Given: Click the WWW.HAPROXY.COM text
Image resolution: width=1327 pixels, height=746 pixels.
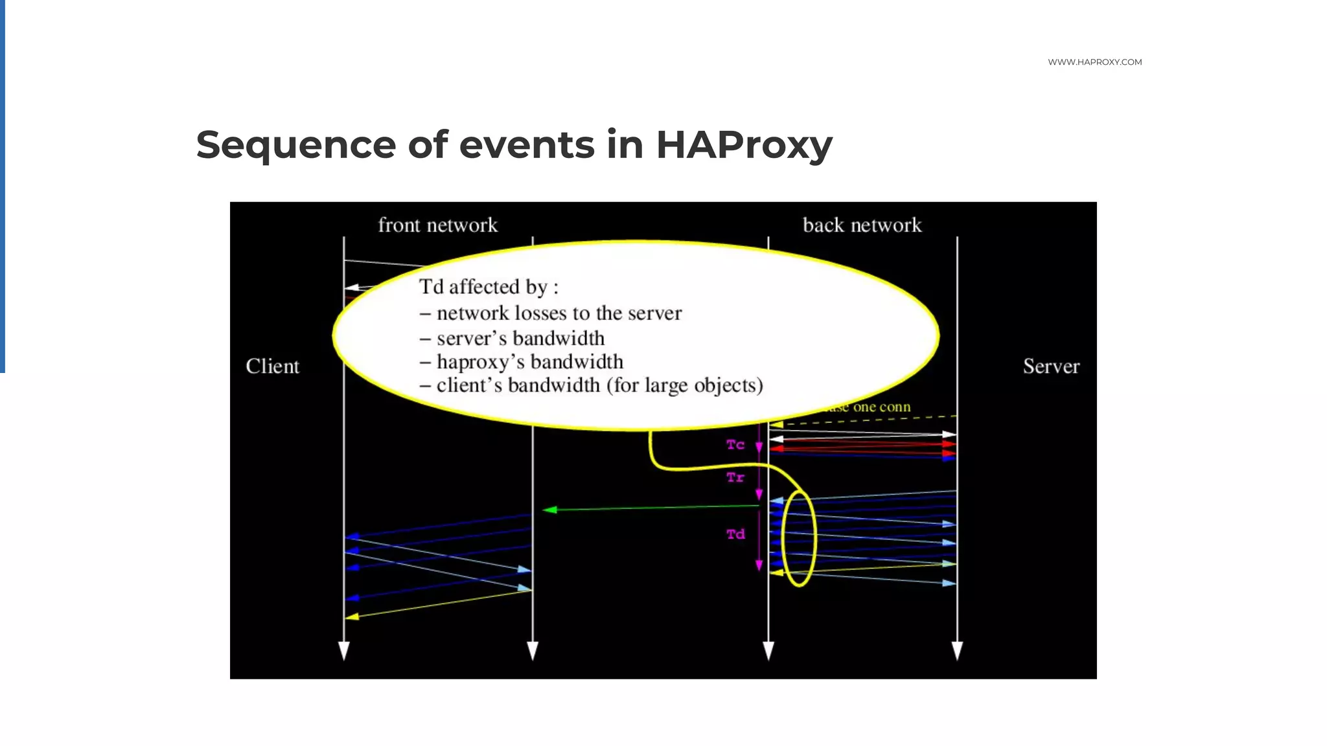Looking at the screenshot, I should coord(1094,62).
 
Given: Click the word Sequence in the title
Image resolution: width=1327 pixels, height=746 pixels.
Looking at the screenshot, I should coord(295,144).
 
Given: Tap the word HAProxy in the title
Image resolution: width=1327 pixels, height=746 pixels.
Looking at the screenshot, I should coord(743,144).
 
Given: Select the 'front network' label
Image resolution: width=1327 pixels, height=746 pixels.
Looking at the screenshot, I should coord(437,225).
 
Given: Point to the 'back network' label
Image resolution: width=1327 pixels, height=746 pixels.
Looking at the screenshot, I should coord(862,225).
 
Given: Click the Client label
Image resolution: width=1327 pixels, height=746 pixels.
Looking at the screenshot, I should coord(272,367).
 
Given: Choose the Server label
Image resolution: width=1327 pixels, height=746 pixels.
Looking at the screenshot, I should coord(1051,367).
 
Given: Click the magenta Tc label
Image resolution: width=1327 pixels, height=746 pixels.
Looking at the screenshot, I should coord(735,445).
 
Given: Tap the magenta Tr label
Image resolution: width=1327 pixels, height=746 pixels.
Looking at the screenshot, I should coord(735,478).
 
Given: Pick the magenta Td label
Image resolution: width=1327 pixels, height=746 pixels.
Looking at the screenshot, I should coord(735,534).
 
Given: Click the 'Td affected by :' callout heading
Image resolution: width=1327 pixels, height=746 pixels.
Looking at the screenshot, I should coord(489,287).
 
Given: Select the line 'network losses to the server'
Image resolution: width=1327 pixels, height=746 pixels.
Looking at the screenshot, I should coord(559,313).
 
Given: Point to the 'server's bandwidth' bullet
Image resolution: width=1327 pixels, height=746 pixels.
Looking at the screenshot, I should coord(520,339).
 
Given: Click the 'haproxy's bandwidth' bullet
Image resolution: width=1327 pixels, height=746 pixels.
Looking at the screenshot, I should coord(529,362).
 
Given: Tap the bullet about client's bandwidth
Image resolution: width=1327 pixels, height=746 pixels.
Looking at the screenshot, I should coord(599,386).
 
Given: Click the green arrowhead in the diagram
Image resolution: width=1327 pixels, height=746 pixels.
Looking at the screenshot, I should coord(549,510).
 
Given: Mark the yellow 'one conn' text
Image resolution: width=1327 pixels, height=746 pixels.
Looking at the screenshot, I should coord(881,407).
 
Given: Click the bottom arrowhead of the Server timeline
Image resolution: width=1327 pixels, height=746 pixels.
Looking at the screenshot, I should coord(957,650).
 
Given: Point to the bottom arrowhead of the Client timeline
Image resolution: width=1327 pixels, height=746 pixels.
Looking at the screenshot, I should coord(344,650).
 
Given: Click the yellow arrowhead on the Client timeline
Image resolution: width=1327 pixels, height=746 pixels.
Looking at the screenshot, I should coord(352,616).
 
